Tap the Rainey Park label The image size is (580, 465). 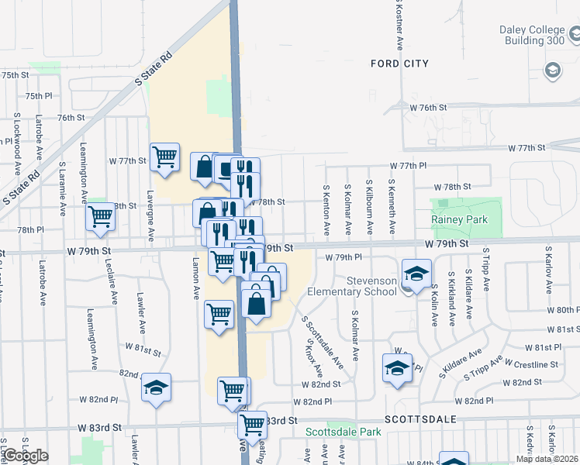(459, 219)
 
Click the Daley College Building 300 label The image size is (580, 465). (531, 35)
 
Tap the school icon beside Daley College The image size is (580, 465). (553, 71)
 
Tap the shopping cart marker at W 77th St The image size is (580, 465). (164, 157)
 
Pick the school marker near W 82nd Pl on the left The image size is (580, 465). (156, 387)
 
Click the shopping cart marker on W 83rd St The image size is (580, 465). (252, 425)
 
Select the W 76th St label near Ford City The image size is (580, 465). (429, 108)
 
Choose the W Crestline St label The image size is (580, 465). (531, 363)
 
